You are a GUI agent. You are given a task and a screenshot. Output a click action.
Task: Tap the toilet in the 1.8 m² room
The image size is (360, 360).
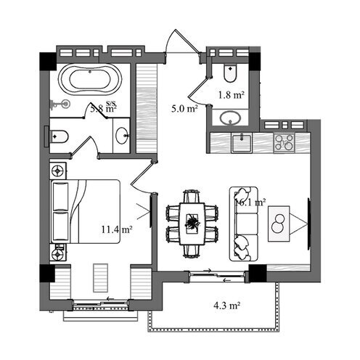point(230,73)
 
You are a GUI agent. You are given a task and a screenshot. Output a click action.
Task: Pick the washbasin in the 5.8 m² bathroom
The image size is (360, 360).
point(122,136)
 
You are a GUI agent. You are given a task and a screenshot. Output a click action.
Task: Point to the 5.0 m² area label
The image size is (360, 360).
point(184,109)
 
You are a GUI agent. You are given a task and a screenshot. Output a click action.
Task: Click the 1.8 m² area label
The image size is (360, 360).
point(231,94)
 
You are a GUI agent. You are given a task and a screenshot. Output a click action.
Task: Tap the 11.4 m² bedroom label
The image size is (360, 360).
point(115,230)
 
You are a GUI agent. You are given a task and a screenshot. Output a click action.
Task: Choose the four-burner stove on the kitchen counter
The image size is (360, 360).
point(284,142)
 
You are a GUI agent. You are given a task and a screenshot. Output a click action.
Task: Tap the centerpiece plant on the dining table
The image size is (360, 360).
point(192,223)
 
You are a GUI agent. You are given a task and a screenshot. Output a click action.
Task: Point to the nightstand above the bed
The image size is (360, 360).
point(58,171)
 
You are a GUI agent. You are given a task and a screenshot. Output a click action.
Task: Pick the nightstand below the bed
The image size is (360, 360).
point(58,252)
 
